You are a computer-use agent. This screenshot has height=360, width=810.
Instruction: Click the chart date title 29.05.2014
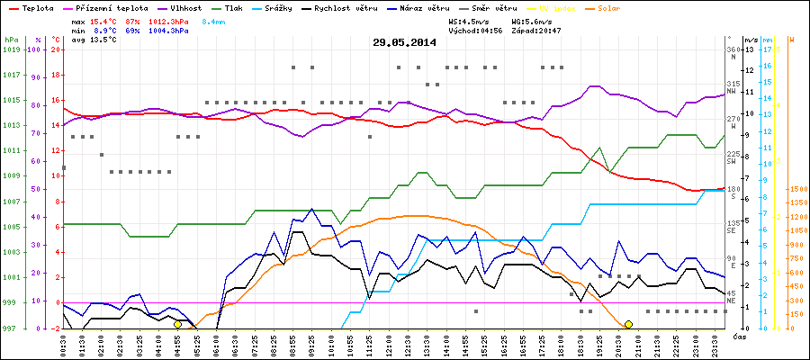[404, 42]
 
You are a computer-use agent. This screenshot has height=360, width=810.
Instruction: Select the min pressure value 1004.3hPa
[168, 30]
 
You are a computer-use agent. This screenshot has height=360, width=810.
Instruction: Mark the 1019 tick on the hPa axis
[11, 49]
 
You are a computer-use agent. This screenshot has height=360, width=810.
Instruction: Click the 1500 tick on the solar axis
[797, 190]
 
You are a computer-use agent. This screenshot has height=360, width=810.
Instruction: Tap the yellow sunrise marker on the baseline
[177, 324]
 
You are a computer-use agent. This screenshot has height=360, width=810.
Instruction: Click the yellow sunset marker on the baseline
[628, 324]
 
